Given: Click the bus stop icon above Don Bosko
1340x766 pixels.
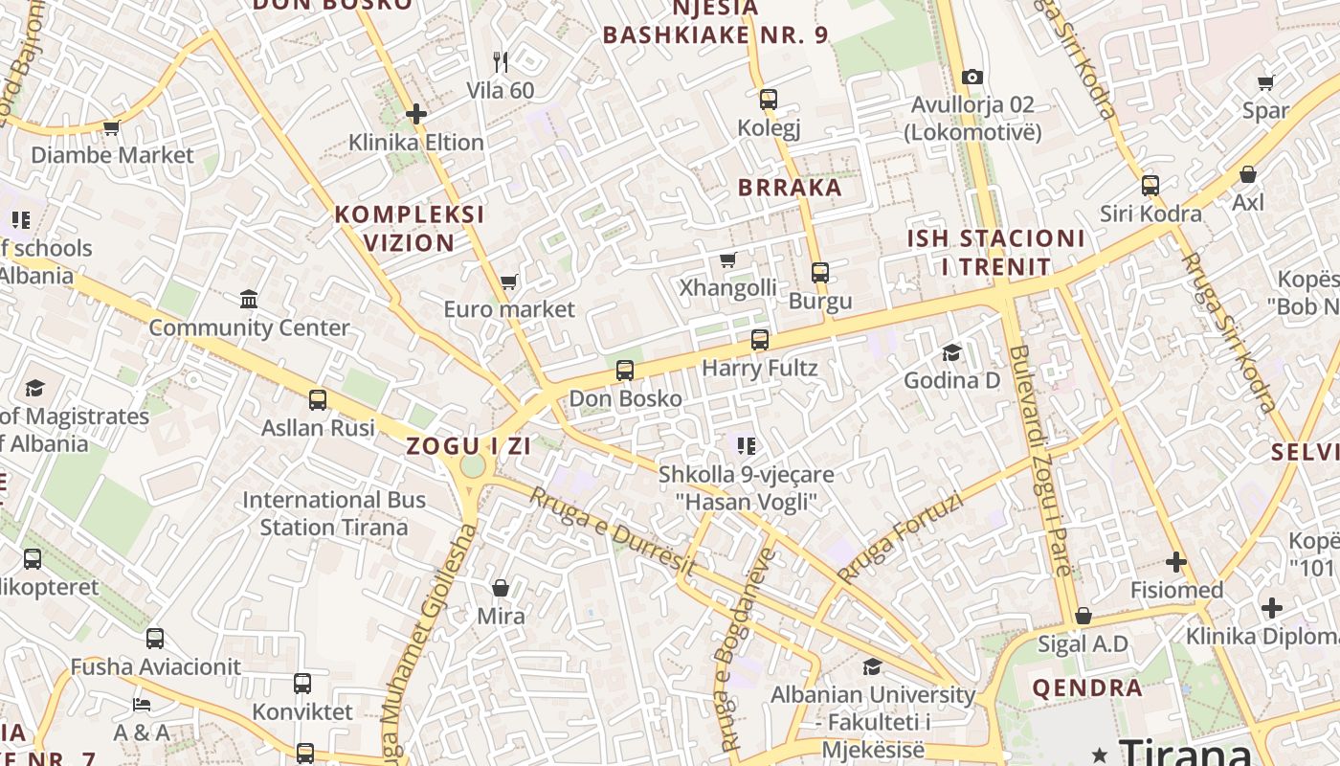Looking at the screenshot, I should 625,370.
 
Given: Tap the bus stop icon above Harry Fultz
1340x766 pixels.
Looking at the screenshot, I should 760,340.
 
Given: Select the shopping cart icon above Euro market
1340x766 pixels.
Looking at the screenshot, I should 508,282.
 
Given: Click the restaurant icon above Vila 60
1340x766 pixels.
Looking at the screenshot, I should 500,62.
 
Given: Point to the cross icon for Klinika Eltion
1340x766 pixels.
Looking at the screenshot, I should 415,114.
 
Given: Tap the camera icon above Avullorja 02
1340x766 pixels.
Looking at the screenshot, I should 972,77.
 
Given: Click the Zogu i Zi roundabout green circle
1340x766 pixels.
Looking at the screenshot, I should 473,465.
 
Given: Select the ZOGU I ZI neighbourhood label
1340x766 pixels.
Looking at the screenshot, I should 468,446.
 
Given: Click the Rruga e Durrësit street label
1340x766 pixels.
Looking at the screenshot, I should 613,531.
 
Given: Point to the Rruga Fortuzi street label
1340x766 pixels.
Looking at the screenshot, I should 900,539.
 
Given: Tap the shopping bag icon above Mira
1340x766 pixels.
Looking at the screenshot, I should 501,587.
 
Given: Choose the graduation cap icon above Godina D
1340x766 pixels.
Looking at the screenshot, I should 951,352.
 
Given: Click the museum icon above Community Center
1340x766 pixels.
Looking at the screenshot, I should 249,300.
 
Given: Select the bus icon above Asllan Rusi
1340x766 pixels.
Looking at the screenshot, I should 318,399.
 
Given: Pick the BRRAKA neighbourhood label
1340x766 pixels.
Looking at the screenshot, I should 790,188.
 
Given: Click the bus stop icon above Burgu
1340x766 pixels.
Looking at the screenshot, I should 820,273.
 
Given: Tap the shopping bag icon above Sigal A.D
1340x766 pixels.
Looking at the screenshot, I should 1083,616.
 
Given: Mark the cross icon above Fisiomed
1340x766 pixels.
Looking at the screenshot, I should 1176,562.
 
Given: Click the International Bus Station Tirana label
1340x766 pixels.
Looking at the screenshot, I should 334,513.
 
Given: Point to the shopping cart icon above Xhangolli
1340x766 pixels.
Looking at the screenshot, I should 728,259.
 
